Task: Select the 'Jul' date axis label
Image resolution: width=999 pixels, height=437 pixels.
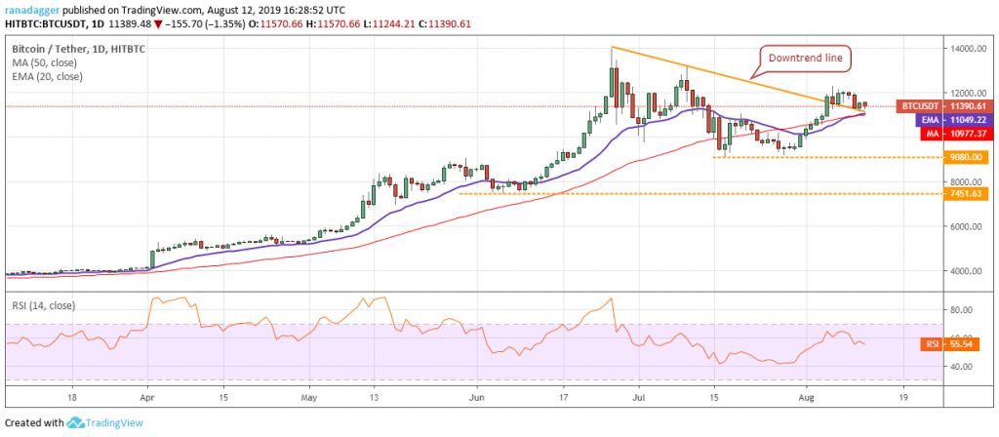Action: point(638,399)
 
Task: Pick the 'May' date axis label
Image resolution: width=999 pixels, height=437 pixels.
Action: point(309,399)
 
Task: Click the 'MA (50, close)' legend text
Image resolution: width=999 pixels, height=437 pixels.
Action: point(45,62)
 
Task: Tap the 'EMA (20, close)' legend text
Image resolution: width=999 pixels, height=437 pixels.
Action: point(48,76)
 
